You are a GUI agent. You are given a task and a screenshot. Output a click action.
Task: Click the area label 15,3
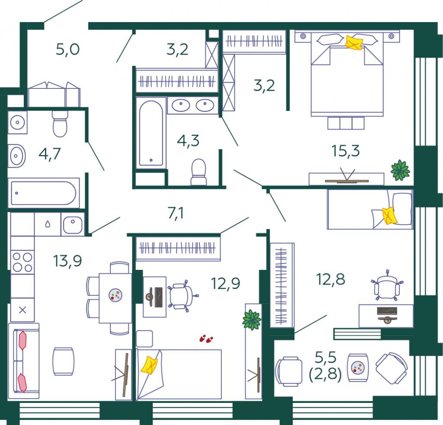345,151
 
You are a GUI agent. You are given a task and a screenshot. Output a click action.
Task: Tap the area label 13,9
67,261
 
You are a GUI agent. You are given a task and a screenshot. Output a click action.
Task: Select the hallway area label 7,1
176,213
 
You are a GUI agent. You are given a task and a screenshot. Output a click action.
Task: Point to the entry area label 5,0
67,49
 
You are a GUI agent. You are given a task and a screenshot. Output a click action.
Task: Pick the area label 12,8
331,279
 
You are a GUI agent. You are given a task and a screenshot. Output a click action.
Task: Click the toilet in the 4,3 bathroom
199,172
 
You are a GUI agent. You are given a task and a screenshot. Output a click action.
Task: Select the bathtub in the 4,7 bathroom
44,193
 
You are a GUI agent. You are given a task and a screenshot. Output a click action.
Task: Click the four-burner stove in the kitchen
22,262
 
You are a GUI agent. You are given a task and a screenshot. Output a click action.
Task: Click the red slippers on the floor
206,339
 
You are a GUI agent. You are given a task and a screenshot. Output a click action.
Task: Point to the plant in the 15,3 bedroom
400,170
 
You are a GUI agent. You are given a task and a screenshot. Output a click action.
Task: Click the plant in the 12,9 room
251,320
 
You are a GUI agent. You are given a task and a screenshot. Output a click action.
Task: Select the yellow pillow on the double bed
354,42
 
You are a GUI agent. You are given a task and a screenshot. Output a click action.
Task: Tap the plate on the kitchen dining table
115,295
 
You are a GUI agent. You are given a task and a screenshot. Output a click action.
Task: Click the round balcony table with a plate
358,367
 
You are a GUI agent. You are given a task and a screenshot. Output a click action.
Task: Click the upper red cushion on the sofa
22,340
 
